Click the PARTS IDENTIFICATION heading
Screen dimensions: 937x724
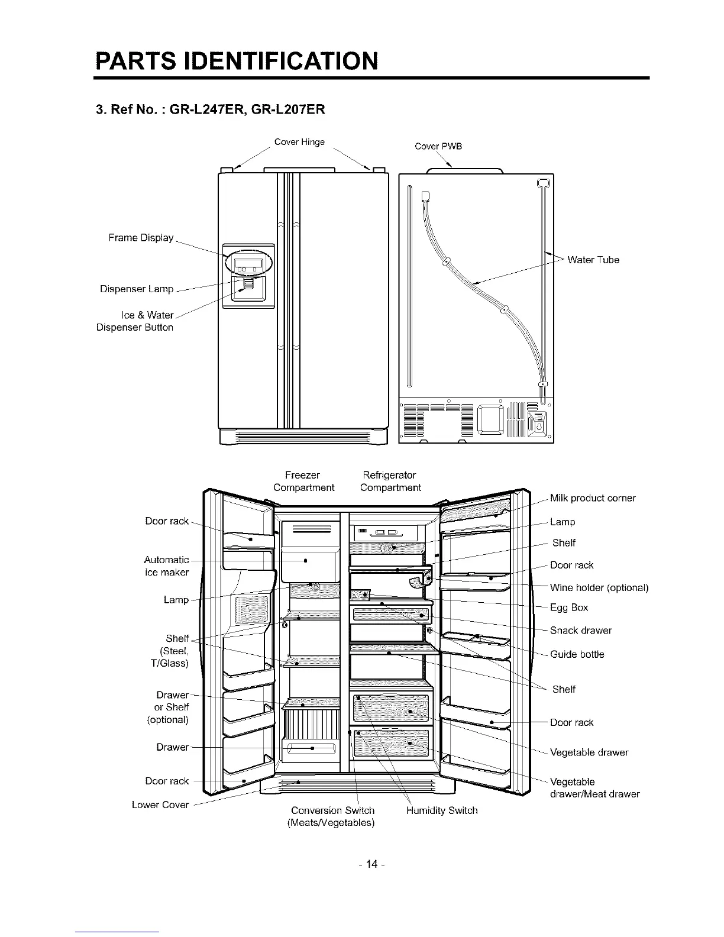(x=235, y=61)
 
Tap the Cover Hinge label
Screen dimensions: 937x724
(x=299, y=142)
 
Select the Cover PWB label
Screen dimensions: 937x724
(x=438, y=146)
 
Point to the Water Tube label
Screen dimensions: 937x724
(x=593, y=260)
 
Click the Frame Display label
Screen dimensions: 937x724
(x=141, y=238)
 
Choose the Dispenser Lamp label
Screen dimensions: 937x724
(x=137, y=289)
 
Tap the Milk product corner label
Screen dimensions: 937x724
(x=593, y=498)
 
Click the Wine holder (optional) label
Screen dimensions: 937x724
(x=599, y=587)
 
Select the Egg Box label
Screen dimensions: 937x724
(x=569, y=608)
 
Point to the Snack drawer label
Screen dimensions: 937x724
(x=581, y=631)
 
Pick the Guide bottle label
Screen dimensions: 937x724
(x=577, y=654)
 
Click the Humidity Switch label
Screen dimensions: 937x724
(x=442, y=810)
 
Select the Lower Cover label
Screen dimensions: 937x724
(x=160, y=804)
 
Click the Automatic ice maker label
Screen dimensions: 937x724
(x=167, y=566)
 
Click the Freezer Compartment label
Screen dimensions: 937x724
(x=303, y=482)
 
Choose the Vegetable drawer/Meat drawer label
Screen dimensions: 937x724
(x=594, y=788)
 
